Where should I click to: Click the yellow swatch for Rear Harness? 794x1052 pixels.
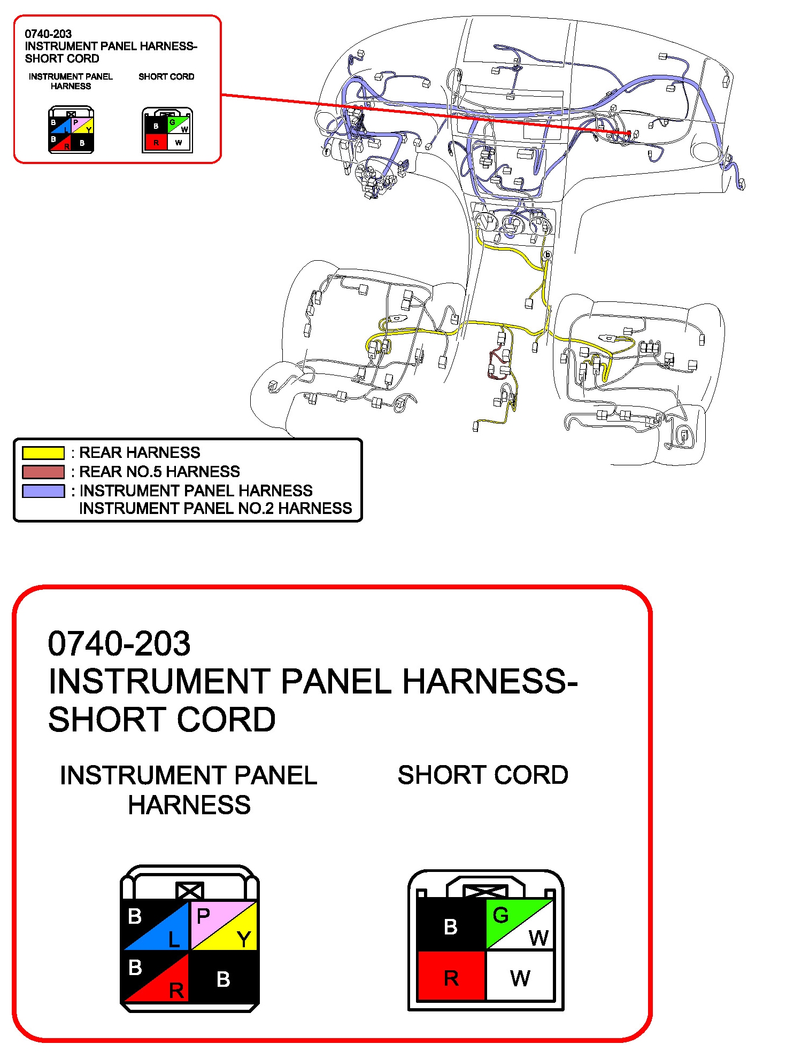click(43, 453)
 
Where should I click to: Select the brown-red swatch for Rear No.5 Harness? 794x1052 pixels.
click(43, 472)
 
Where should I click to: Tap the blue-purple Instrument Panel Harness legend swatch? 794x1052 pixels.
click(43, 491)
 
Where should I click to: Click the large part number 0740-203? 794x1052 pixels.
click(119, 643)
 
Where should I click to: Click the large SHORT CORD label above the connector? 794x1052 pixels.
click(483, 775)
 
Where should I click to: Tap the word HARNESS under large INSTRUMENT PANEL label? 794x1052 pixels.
click(189, 805)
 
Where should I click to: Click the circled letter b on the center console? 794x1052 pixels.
click(547, 255)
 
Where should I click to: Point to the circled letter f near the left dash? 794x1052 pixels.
click(326, 152)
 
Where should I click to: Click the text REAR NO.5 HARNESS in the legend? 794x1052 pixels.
click(159, 472)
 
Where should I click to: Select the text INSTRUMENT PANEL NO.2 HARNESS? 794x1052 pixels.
click(215, 508)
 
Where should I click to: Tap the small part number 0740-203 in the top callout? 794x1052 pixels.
click(48, 34)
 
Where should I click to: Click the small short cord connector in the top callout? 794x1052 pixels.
click(167, 130)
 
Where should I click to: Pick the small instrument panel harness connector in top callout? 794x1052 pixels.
click(71, 130)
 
